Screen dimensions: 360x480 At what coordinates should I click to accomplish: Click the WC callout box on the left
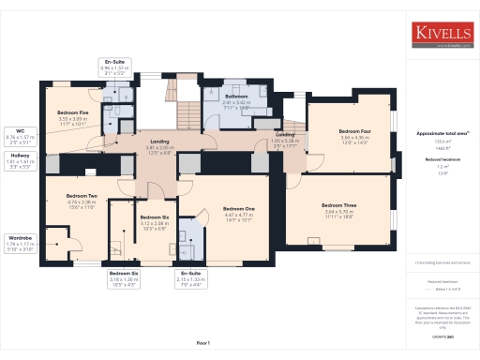20,136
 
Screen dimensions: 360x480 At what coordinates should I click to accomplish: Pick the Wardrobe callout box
20,243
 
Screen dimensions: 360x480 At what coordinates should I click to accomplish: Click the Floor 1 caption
203,343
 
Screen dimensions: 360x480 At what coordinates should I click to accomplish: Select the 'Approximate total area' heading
443,133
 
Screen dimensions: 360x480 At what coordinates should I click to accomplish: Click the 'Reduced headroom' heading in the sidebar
443,159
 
